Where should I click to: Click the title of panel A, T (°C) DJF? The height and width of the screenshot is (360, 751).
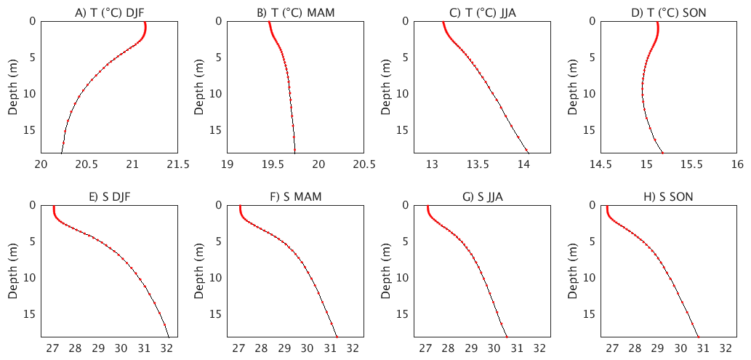109,12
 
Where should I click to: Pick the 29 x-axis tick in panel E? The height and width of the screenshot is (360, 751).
98,349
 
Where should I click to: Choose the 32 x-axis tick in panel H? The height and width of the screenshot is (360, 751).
726,349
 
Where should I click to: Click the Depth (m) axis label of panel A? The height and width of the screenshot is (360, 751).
13,87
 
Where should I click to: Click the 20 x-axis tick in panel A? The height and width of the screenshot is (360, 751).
41,164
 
